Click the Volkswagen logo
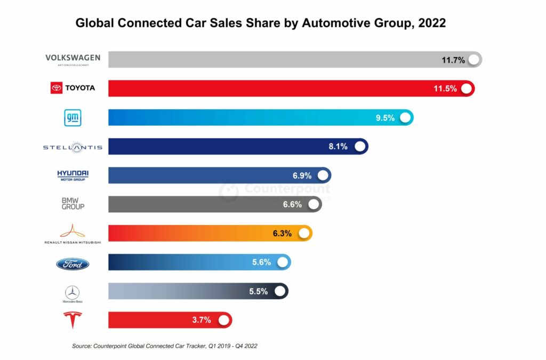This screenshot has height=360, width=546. (x=73, y=59)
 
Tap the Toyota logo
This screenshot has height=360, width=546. (x=73, y=88)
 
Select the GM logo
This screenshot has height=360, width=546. (x=73, y=118)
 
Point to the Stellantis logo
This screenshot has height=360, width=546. (x=73, y=147)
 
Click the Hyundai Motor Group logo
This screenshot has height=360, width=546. (x=73, y=175)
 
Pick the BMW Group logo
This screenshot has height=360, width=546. (x=73, y=203)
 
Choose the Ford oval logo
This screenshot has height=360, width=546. (x=73, y=263)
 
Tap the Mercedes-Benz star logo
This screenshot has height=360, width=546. (x=73, y=292)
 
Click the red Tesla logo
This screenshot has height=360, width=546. (x=73, y=321)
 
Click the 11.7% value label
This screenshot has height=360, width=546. (x=453, y=60)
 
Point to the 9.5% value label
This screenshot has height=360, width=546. (x=385, y=118)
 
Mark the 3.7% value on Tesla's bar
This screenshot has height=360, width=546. (x=202, y=320)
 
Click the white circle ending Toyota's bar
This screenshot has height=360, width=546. (x=467, y=89)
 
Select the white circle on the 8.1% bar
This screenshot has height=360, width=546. (x=360, y=146)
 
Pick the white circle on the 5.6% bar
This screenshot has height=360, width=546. (x=283, y=262)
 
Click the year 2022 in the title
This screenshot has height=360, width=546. (x=429, y=23)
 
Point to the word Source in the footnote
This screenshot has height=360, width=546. (x=83, y=346)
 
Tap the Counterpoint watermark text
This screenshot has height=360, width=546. (x=287, y=189)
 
